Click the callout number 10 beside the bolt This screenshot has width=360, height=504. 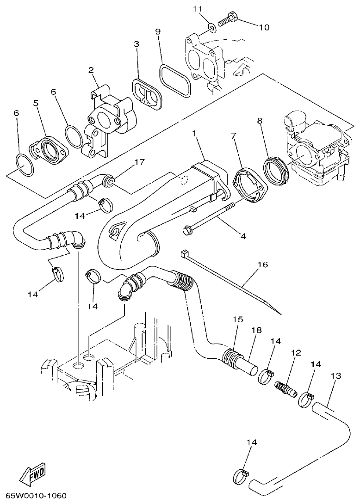[263, 27]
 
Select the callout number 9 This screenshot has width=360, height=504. [158, 32]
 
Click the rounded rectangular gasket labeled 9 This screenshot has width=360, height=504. [174, 80]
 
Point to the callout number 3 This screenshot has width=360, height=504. [136, 44]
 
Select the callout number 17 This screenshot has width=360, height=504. [140, 162]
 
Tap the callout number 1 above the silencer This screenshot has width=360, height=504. [195, 134]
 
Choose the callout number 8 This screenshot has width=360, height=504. [260, 121]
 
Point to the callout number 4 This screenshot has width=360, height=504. [242, 236]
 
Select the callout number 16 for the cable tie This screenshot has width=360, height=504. [262, 265]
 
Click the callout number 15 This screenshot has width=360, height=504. [238, 319]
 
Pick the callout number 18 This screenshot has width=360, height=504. [256, 330]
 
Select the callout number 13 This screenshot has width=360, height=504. [336, 376]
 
